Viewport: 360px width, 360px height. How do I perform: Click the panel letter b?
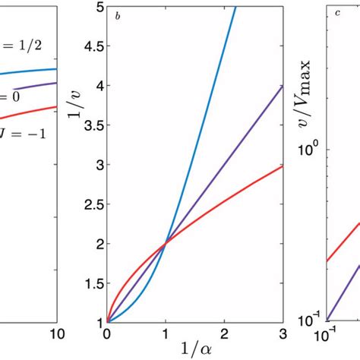click(x=118, y=15)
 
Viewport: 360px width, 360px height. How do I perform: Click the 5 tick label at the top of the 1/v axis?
click(x=98, y=8)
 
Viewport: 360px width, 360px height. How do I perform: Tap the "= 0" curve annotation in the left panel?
click(x=13, y=97)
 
